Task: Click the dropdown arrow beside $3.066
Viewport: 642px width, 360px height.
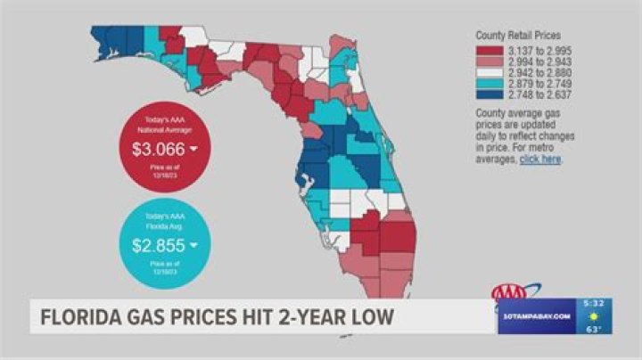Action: pyautogui.click(x=193, y=150)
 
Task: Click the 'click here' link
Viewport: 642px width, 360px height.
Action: pyautogui.click(x=540, y=160)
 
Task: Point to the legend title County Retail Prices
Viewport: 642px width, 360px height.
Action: pyautogui.click(x=517, y=36)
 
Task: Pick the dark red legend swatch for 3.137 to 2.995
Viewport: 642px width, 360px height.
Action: pyautogui.click(x=490, y=51)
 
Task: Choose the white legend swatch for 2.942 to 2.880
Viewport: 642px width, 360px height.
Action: pyautogui.click(x=490, y=72)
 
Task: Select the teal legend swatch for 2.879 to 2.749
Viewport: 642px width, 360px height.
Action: pyautogui.click(x=490, y=83)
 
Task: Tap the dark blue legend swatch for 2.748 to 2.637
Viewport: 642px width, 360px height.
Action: pyautogui.click(x=490, y=94)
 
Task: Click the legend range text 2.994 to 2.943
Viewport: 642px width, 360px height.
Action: pyautogui.click(x=539, y=61)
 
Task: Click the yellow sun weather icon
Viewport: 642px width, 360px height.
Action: pyautogui.click(x=593, y=316)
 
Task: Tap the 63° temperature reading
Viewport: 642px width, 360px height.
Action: pyautogui.click(x=593, y=329)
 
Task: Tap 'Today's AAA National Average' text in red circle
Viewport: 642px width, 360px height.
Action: pyautogui.click(x=159, y=124)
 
